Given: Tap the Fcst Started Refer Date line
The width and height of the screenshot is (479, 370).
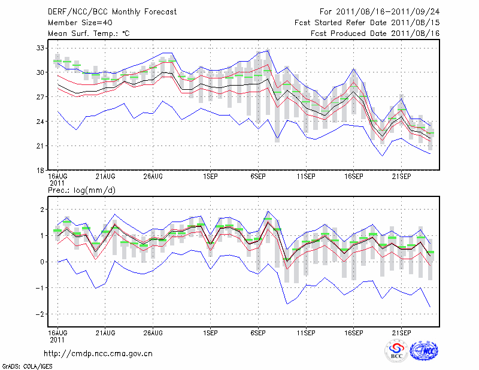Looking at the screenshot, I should point(368,22).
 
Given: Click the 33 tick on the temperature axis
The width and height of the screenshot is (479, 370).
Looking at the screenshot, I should point(41,48).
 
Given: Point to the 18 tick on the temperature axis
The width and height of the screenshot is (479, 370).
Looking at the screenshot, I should point(41,171).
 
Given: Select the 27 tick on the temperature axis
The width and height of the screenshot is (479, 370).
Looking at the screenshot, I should point(41,97).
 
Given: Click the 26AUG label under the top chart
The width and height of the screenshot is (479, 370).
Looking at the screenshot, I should point(153,177).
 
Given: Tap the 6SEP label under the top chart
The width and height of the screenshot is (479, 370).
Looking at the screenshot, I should point(258,177).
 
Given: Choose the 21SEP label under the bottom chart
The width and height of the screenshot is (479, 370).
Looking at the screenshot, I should point(401,332).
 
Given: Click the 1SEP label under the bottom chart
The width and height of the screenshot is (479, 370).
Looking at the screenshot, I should point(210,332).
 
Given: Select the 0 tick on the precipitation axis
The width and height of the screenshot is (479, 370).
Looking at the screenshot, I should point(42,262).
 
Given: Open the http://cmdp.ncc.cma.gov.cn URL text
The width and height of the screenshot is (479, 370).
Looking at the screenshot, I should point(98,353).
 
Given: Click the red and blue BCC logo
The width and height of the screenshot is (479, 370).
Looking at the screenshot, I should point(396,351).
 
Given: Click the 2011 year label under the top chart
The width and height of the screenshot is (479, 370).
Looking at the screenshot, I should point(57,183).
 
